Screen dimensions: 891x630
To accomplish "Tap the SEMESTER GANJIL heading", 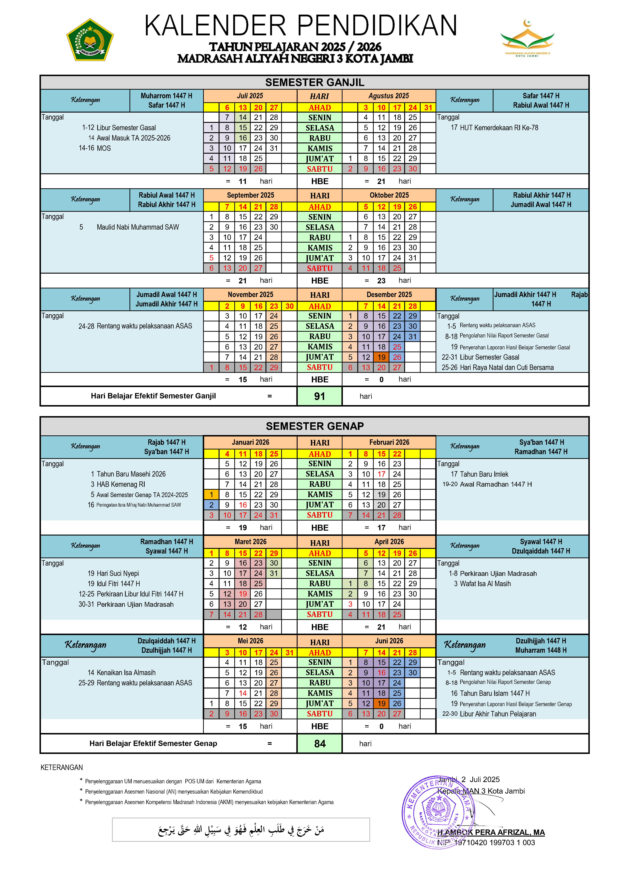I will (314, 82).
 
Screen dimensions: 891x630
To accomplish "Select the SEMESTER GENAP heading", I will (314, 426).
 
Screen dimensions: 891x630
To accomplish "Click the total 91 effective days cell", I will (319, 396).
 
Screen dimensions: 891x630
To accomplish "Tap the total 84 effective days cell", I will (319, 743).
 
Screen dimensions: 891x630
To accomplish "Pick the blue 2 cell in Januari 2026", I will (211, 505).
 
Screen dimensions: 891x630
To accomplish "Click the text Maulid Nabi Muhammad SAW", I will (138, 227).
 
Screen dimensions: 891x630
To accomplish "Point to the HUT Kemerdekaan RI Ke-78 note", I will (499, 128).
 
